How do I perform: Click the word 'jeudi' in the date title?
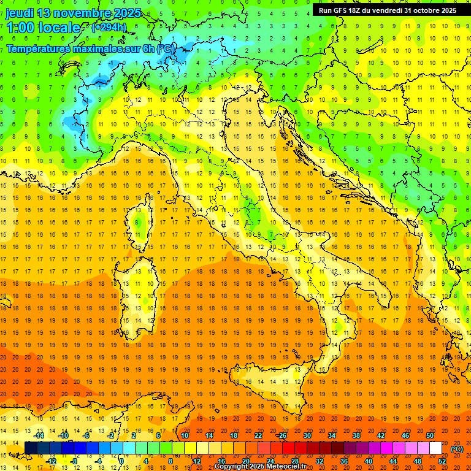point(20,13)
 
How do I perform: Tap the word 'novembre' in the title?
point(81,13)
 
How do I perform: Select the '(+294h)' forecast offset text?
point(109,28)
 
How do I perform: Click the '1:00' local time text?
point(21,28)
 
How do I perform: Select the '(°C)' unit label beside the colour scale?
point(457,449)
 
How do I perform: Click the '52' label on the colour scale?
point(442,461)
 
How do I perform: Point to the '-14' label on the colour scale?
point(39,435)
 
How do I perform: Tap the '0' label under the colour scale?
point(121,461)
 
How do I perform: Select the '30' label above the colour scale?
point(307,435)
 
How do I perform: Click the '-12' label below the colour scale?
point(51,461)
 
